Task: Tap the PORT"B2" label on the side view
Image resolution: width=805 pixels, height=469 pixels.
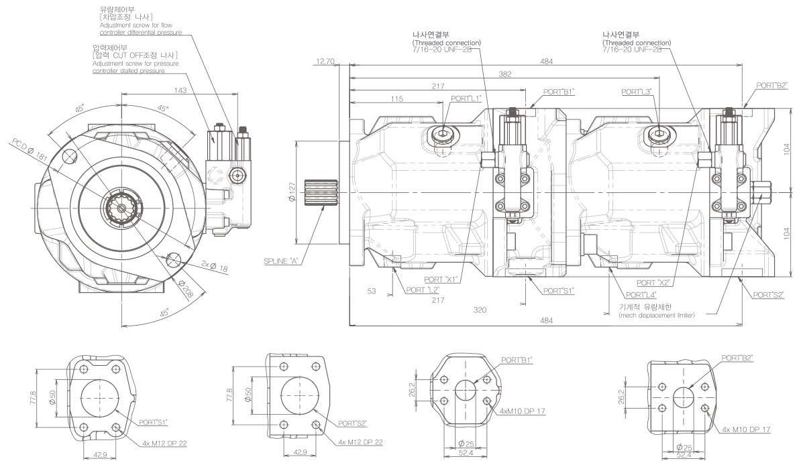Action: (771, 85)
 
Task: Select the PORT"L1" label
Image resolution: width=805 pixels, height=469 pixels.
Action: (466, 98)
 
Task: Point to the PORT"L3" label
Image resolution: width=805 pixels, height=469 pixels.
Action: (637, 91)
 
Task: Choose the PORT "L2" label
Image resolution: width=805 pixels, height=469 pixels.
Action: (423, 290)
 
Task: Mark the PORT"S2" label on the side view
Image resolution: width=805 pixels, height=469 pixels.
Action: (767, 295)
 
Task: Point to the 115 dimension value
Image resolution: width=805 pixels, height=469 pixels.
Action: (396, 99)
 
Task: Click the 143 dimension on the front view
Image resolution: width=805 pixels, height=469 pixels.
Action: (161, 90)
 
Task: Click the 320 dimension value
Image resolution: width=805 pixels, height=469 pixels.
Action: (479, 310)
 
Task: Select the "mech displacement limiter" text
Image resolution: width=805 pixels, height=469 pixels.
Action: (656, 315)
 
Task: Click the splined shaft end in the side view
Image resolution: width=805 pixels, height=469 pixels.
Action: (317, 194)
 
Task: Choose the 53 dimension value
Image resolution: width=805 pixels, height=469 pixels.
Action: (371, 291)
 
